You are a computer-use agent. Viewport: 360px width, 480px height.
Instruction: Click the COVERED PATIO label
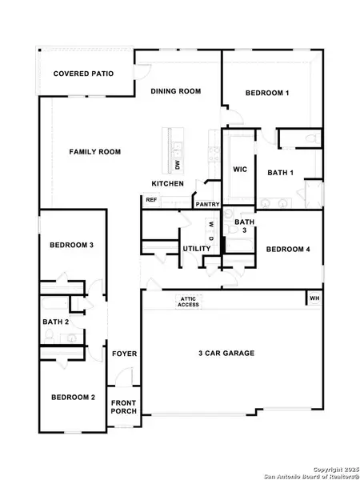[83, 74]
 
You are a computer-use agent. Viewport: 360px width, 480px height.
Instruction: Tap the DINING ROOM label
[175, 91]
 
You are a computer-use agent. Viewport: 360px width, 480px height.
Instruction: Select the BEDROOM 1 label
[266, 94]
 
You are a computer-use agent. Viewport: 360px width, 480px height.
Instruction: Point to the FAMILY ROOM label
[94, 151]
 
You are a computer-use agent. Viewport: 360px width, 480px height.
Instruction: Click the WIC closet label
[238, 170]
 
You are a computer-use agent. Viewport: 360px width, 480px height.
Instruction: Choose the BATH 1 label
[281, 172]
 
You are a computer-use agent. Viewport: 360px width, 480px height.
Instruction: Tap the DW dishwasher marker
[177, 166]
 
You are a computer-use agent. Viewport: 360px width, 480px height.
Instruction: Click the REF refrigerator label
[151, 200]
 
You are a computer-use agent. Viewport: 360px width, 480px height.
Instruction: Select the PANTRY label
[207, 204]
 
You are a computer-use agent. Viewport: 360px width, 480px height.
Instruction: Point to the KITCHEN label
[168, 184]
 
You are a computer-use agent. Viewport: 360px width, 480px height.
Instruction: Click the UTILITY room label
[196, 249]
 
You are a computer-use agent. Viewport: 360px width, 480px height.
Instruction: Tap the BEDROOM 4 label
[288, 249]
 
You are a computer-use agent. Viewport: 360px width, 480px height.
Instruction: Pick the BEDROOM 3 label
[72, 244]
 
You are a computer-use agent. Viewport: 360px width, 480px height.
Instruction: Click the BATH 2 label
[56, 322]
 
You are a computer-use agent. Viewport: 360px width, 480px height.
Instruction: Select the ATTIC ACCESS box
[188, 301]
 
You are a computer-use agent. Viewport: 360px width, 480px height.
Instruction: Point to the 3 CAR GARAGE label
[226, 353]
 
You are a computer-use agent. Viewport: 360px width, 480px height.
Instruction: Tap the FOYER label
[124, 353]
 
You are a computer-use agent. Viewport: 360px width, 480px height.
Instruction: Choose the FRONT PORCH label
[124, 406]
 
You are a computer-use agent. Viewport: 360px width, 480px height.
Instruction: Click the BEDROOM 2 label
[74, 398]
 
